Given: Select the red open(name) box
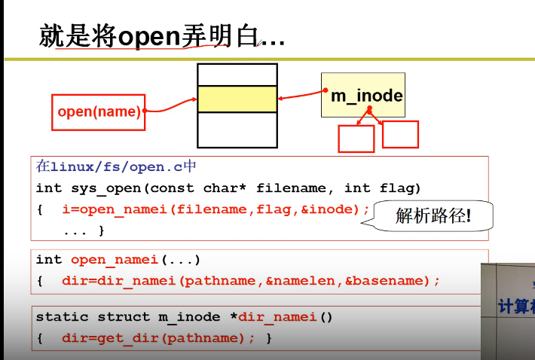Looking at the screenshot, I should (98, 111).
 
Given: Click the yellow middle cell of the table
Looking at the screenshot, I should (237, 99).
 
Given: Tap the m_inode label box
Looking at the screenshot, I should (363, 95).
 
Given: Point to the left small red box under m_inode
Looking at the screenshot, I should (356, 139).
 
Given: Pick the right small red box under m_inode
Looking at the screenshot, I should (400, 134).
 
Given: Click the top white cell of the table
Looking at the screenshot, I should (237, 75).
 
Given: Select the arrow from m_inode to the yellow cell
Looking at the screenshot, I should (300, 96).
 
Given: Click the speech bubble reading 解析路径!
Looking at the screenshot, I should (433, 217).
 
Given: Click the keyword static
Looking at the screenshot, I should (63, 317).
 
